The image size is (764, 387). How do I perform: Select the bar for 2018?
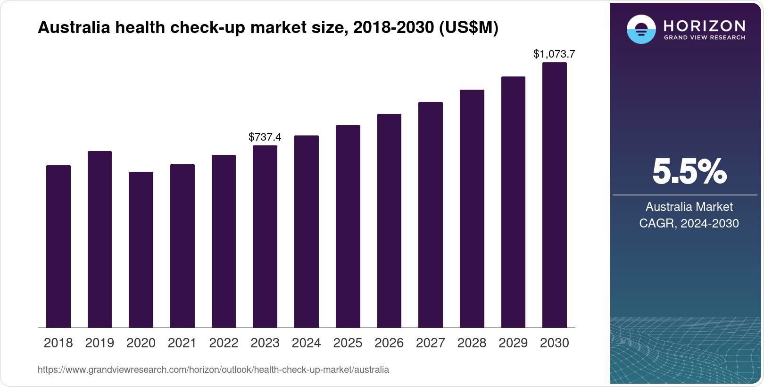click(58, 246)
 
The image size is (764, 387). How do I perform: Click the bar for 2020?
click(141, 250)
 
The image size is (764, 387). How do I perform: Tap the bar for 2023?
click(265, 236)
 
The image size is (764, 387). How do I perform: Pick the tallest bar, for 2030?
click(555, 195)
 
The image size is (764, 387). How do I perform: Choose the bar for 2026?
click(389, 220)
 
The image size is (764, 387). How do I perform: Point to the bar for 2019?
click(100, 239)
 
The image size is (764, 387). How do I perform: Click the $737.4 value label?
click(265, 137)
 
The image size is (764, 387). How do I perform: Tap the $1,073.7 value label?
click(554, 54)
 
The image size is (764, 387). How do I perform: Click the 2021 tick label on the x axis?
click(182, 343)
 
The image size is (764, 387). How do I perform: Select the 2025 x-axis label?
click(348, 343)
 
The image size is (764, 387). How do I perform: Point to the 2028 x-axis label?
click(472, 343)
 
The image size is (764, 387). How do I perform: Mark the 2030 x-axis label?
click(555, 343)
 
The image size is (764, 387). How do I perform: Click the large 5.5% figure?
click(689, 171)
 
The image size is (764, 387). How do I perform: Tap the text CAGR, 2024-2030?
click(689, 223)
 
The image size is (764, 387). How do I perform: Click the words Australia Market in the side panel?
click(689, 207)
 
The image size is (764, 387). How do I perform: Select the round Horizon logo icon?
click(641, 29)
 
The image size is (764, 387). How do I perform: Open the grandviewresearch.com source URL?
click(213, 370)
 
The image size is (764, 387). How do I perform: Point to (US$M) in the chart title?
click(468, 27)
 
